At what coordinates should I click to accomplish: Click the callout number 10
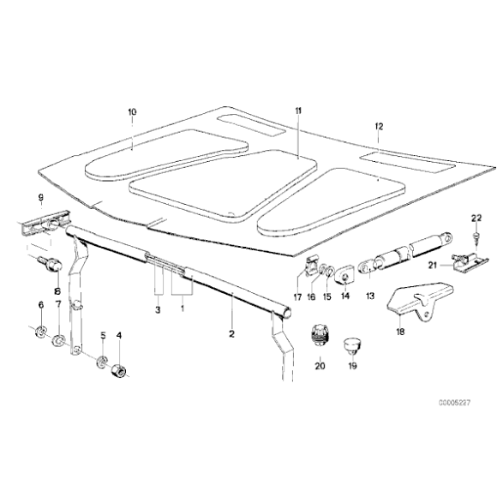(x=132, y=111)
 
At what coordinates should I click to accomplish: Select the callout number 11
(x=298, y=111)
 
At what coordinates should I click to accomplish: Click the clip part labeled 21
(x=466, y=258)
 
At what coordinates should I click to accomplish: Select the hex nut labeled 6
(x=39, y=331)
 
